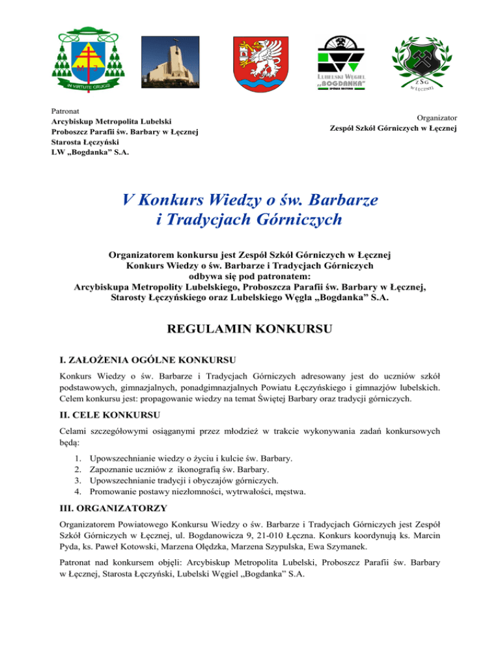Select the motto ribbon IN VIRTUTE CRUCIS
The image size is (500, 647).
88,83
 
